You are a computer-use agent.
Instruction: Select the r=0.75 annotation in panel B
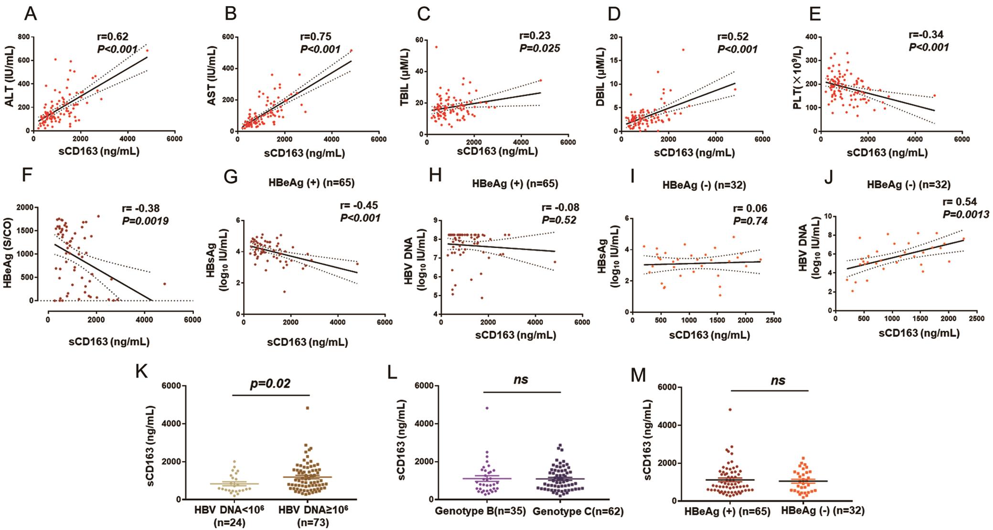tap(315, 36)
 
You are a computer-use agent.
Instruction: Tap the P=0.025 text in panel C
tap(539, 48)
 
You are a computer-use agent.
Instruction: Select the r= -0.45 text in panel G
tap(359, 206)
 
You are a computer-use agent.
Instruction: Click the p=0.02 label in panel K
tap(270, 384)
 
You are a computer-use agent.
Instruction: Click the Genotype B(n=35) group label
tap(480, 511)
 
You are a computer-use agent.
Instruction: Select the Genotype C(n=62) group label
tap(578, 511)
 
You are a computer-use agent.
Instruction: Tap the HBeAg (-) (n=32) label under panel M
tap(822, 511)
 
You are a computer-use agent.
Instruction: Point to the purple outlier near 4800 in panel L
tap(487, 408)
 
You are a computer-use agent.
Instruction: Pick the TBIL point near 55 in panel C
tap(436, 47)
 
